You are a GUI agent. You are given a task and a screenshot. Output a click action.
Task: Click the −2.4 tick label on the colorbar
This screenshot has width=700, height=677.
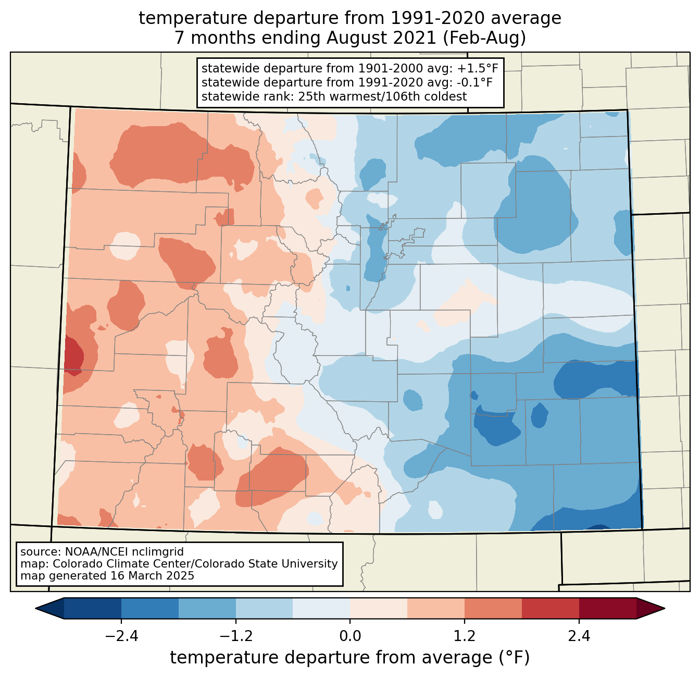pyautogui.click(x=121, y=636)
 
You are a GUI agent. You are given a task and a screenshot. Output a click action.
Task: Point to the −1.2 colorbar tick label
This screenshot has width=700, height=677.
pyautogui.click(x=235, y=636)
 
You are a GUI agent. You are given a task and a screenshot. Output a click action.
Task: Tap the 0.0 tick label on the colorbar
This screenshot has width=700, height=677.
pyautogui.click(x=350, y=636)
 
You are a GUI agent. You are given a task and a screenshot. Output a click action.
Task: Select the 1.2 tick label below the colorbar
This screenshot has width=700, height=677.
pyautogui.click(x=465, y=636)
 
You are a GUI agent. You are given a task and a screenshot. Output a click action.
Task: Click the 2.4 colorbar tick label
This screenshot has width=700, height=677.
pyautogui.click(x=579, y=636)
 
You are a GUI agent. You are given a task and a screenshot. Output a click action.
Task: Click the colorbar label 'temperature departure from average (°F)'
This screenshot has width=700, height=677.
pyautogui.click(x=350, y=658)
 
